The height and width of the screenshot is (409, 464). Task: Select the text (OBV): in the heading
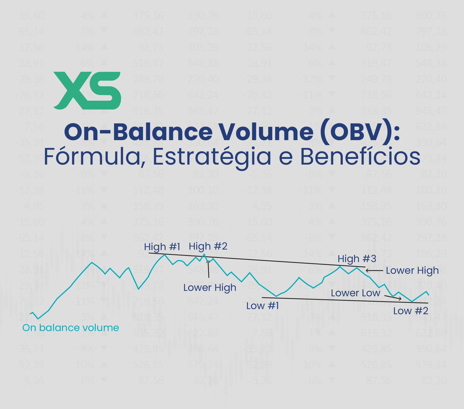click(360, 132)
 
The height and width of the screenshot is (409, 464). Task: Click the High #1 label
click(162, 247)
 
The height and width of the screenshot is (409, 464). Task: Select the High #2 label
click(208, 246)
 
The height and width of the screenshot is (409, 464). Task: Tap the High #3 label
click(357, 259)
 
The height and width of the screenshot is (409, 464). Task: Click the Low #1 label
click(263, 306)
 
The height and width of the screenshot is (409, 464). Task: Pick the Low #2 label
click(411, 311)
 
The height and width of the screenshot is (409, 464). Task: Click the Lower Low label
click(355, 293)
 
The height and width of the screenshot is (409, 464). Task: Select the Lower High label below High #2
click(210, 288)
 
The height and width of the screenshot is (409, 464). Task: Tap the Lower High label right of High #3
click(412, 270)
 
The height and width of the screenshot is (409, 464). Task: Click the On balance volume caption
click(71, 328)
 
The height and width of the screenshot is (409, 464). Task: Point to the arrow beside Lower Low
click(393, 298)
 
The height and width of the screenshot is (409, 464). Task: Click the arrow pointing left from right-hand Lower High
click(374, 270)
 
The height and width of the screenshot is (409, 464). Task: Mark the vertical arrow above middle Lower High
click(208, 269)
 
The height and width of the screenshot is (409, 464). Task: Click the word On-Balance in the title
click(138, 132)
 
